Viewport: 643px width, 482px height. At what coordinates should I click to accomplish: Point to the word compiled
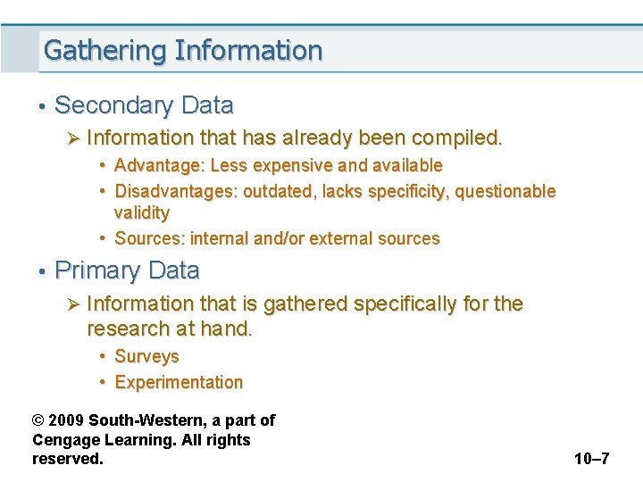click(455, 138)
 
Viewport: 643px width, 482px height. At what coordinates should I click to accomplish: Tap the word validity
click(142, 212)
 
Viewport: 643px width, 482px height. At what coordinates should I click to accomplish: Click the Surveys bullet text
click(147, 356)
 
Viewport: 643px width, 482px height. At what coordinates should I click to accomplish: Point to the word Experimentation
click(180, 382)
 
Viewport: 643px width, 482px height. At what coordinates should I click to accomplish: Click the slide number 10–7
click(591, 459)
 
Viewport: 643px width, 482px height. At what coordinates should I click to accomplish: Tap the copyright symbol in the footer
click(38, 420)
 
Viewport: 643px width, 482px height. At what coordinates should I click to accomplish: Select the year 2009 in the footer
click(68, 420)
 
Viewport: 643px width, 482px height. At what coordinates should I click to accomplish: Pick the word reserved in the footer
click(67, 459)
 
